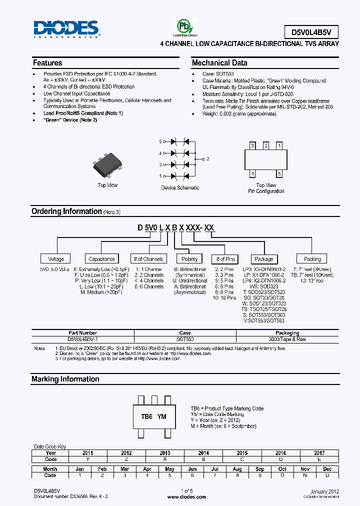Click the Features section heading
(x=47, y=63)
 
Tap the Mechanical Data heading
(x=219, y=63)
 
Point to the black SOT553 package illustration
(x=108, y=165)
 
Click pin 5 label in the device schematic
(x=160, y=141)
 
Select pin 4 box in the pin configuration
(x=252, y=174)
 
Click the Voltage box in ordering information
(x=56, y=259)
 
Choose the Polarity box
(x=189, y=259)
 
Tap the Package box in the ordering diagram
(x=264, y=259)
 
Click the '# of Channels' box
(x=148, y=259)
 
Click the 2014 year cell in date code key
(x=203, y=453)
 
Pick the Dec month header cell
(x=327, y=469)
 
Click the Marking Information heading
(x=65, y=379)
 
